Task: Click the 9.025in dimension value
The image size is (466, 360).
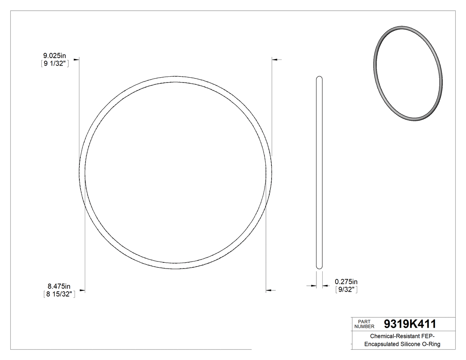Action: pos(54,55)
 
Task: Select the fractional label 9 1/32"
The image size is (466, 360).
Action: pos(54,63)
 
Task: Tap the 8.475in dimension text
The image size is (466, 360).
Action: pos(59,286)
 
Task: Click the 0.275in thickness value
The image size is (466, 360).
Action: pos(346,281)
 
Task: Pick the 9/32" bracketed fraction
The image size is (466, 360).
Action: pos(346,289)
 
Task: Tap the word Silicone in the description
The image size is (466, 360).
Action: pos(413,344)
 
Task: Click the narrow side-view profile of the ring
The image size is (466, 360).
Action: pos(319,173)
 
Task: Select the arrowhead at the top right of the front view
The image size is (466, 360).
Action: pos(275,59)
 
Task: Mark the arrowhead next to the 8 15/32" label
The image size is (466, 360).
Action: pos(82,291)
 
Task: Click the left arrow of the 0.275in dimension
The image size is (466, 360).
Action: pos(313,286)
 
